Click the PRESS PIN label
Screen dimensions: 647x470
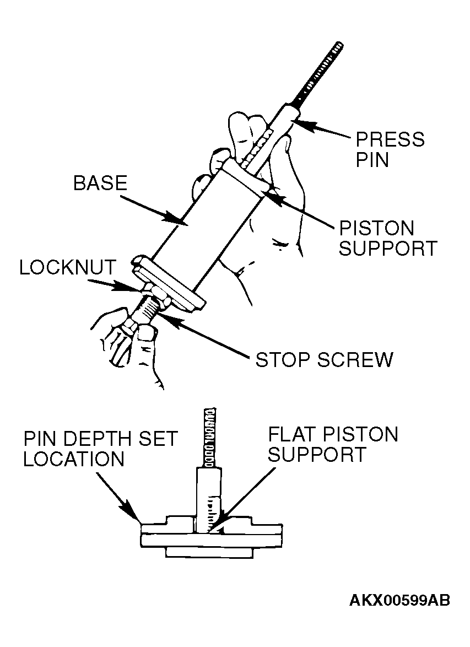(389, 149)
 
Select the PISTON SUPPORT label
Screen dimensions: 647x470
(387, 238)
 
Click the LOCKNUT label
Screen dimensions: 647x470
(67, 267)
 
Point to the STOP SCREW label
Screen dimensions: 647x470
(324, 360)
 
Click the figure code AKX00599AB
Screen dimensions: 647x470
(399, 600)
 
